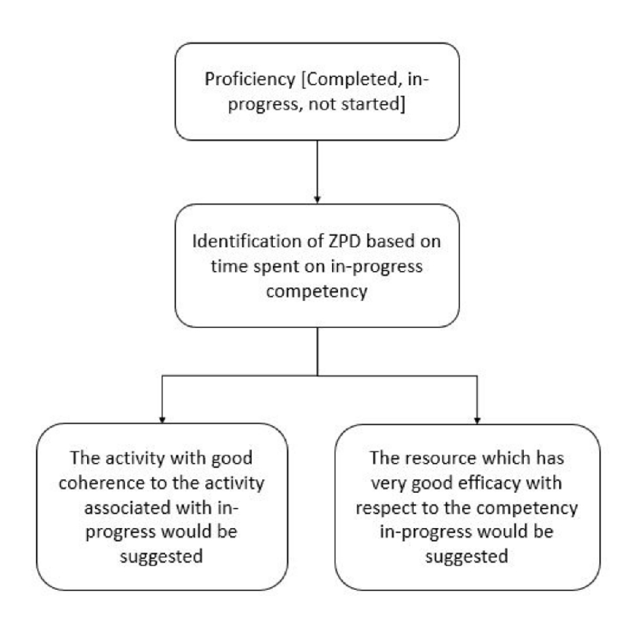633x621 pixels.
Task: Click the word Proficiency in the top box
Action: click(250, 79)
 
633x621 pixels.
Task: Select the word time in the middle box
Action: click(227, 266)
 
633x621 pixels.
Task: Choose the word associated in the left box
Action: click(127, 508)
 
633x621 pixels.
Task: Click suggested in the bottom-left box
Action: click(161, 557)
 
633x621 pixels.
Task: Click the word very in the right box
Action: click(389, 484)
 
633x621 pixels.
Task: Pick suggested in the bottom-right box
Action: click(467, 557)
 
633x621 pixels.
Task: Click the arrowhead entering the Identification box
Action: click(317, 199)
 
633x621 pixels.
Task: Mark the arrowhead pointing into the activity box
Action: click(162, 419)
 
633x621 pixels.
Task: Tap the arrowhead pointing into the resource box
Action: click(477, 420)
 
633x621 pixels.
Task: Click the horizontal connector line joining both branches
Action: click(320, 376)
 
